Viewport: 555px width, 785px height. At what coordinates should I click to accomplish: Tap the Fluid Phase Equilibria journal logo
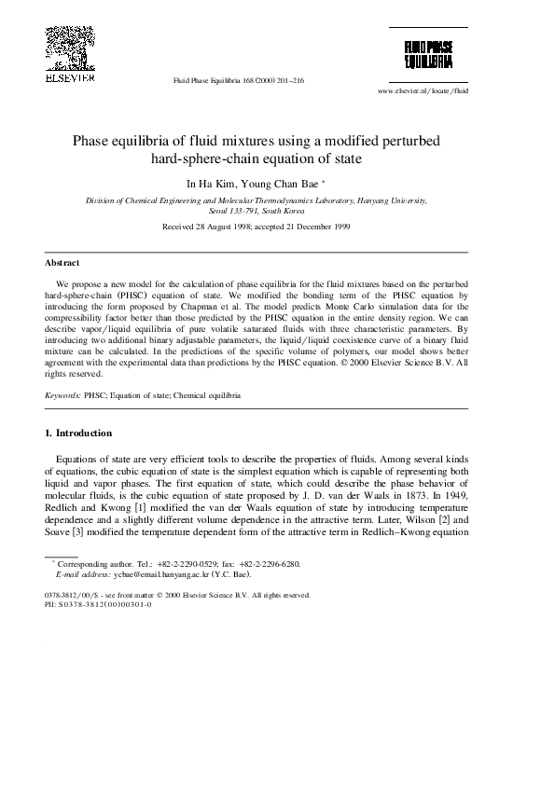click(428, 54)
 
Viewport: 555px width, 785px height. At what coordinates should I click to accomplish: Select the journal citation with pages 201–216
click(239, 80)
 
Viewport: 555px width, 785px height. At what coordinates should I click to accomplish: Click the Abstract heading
click(62, 263)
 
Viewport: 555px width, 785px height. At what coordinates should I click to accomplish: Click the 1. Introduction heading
click(78, 433)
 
